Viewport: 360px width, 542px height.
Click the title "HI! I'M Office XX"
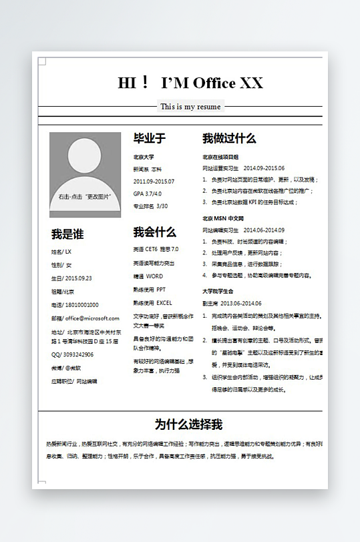coord(190,83)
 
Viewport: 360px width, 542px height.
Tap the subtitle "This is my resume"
coord(190,107)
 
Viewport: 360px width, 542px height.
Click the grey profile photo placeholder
coord(85,174)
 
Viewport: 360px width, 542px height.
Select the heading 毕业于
coord(149,139)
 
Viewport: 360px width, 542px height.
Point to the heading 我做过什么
coord(229,139)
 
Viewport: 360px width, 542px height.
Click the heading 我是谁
coord(67,234)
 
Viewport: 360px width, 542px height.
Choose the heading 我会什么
coord(154,232)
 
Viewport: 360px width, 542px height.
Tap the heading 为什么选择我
coord(188,425)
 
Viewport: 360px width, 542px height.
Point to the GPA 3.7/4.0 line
coord(148,194)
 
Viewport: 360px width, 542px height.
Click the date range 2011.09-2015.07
coord(154,182)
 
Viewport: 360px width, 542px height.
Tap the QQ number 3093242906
coord(72,354)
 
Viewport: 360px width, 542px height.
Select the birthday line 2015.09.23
coord(71,278)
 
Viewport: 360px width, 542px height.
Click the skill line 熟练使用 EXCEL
coord(152,302)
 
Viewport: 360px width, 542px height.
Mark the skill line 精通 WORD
coord(148,276)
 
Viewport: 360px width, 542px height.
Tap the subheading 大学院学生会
coord(218,291)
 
